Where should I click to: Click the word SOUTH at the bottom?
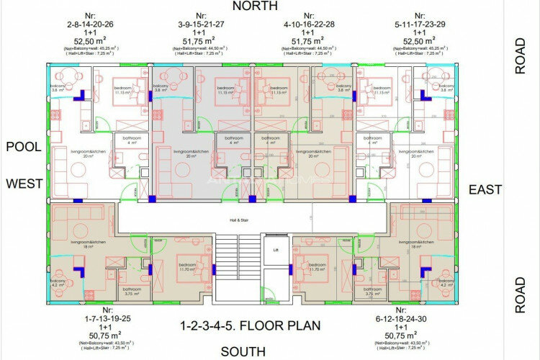[x=243, y=351]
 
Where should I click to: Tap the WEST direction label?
[x=24, y=184]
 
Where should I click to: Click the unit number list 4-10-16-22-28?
[x=309, y=23]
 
